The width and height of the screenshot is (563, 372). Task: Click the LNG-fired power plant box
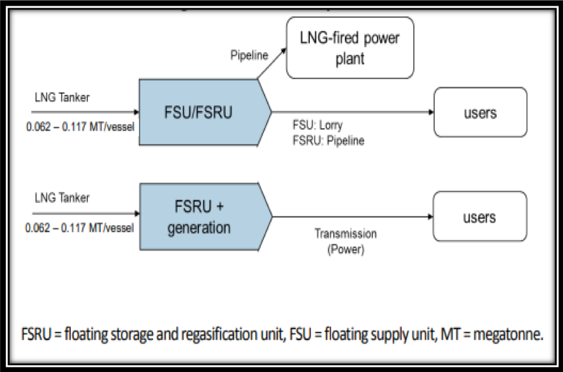click(x=349, y=48)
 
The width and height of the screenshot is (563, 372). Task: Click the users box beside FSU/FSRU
click(x=480, y=112)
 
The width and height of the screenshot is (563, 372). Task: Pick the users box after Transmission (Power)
click(x=480, y=218)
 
